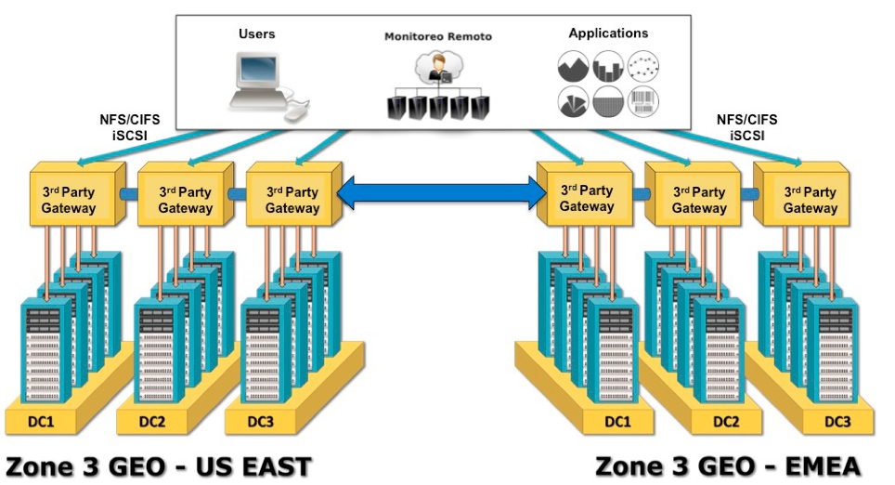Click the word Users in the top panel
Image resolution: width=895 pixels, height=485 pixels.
pos(257,33)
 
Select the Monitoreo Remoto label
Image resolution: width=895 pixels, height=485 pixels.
pos(438,36)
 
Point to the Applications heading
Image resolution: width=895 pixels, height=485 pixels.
pos(608,33)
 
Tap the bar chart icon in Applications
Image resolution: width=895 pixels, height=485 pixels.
pos(607,67)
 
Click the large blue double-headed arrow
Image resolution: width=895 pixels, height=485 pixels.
pos(441,193)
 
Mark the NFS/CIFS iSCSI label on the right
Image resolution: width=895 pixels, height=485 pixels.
pos(746,127)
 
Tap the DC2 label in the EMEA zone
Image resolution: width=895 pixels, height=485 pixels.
pos(727,422)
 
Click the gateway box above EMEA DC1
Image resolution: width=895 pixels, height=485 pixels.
pos(586,198)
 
